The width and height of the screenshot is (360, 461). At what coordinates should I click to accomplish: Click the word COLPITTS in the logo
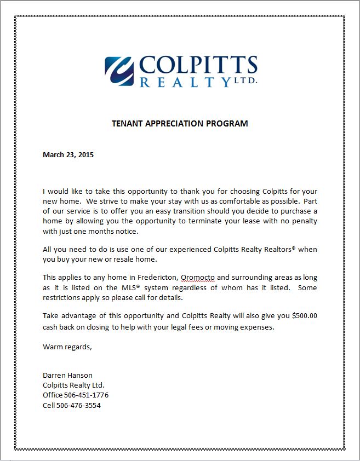click(198, 64)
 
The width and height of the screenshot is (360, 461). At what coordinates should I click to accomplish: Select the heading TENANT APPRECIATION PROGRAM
click(180, 123)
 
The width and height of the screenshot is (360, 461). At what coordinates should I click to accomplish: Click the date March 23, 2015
click(68, 154)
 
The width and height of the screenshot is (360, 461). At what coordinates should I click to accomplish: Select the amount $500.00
click(305, 316)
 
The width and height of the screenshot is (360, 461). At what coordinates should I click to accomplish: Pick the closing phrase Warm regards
click(67, 347)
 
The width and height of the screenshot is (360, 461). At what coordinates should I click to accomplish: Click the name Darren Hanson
click(67, 375)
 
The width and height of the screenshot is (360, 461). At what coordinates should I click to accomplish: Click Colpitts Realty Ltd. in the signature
click(73, 385)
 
